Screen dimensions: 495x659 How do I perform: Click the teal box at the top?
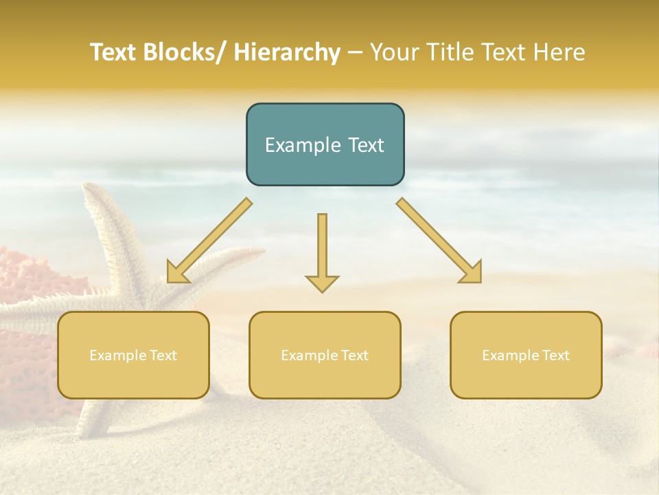click(325, 144)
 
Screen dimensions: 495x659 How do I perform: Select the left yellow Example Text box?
click(133, 355)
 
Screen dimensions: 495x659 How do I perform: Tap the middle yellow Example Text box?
click(325, 355)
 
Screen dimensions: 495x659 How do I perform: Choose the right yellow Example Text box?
click(526, 355)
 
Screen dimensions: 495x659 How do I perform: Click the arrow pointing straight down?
click(322, 251)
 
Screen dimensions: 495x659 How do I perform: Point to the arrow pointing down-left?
click(209, 241)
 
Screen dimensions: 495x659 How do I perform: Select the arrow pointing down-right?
click(439, 241)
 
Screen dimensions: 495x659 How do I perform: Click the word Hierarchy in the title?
click(286, 52)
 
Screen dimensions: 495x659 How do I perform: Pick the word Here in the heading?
click(561, 52)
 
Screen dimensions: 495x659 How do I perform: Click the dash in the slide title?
click(355, 53)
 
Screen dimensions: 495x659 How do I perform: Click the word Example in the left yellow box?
click(117, 355)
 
